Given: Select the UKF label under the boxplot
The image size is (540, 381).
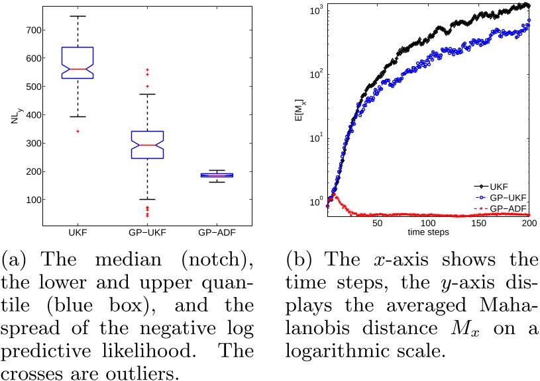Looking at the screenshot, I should [78, 232].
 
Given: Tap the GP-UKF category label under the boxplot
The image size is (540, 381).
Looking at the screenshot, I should [147, 232].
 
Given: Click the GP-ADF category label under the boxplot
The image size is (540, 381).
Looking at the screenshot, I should [217, 232].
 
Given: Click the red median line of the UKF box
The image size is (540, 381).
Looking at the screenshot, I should [78, 69].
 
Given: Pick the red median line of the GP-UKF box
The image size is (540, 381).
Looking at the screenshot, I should [147, 145].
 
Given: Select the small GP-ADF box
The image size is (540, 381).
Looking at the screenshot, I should [217, 175].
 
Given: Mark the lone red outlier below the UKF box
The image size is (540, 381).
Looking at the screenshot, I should [78, 131].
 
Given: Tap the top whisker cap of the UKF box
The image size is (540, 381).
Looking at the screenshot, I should [78, 16].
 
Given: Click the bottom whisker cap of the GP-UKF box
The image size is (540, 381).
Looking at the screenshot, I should [147, 199].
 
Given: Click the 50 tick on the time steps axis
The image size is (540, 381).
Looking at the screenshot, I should [377, 224].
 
